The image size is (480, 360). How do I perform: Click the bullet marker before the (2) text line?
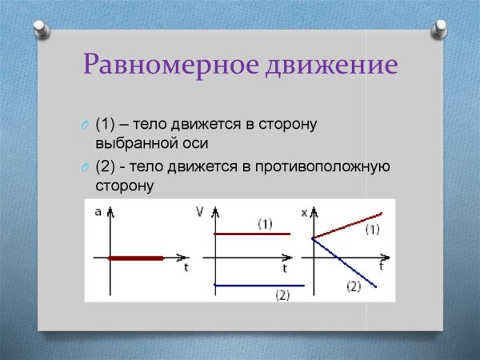coord(84,167)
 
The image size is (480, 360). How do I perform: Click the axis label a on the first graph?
coord(98,212)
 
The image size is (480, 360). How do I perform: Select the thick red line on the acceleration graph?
coord(136,258)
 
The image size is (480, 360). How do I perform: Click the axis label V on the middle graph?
coord(199,211)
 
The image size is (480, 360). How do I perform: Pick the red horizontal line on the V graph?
coord(250,234)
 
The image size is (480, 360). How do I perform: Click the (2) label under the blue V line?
coord(282,295)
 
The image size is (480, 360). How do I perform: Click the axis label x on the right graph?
coord(304,212)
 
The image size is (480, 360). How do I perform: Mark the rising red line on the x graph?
coord(348,225)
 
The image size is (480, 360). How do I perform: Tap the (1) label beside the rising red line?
coord(372,230)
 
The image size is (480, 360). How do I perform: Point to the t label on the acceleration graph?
coord(186,267)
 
